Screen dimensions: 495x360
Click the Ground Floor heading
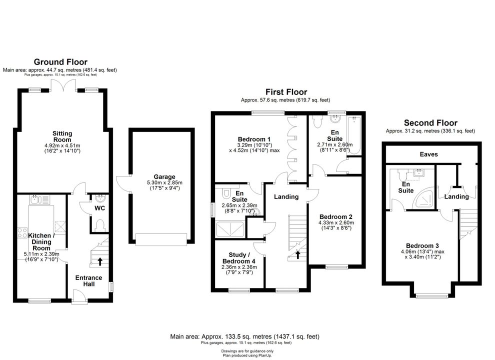pyautogui.click(x=60, y=62)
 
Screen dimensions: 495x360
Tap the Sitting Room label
pyautogui.click(x=62, y=136)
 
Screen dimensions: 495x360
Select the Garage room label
pyautogui.click(x=164, y=177)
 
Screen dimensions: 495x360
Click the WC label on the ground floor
pyautogui.click(x=100, y=208)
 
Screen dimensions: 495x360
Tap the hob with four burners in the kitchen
pyautogui.click(x=22, y=232)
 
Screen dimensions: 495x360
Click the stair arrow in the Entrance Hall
pyautogui.click(x=100, y=261)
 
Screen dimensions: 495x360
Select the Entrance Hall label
pyautogui.click(x=88, y=280)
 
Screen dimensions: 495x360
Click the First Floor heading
pyautogui.click(x=286, y=92)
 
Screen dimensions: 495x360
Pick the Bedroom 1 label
pyautogui.click(x=254, y=139)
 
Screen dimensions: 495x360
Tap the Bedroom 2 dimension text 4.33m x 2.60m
pyautogui.click(x=336, y=222)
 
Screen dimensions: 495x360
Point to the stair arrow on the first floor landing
pyautogui.click(x=297, y=254)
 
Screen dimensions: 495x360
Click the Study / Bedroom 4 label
pyautogui.click(x=239, y=258)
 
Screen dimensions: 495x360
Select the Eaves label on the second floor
pyautogui.click(x=428, y=154)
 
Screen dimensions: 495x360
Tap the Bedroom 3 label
pyautogui.click(x=422, y=245)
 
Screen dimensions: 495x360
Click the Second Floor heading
pyautogui.click(x=430, y=123)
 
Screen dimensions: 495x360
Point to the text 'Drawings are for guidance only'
pyautogui.click(x=247, y=351)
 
